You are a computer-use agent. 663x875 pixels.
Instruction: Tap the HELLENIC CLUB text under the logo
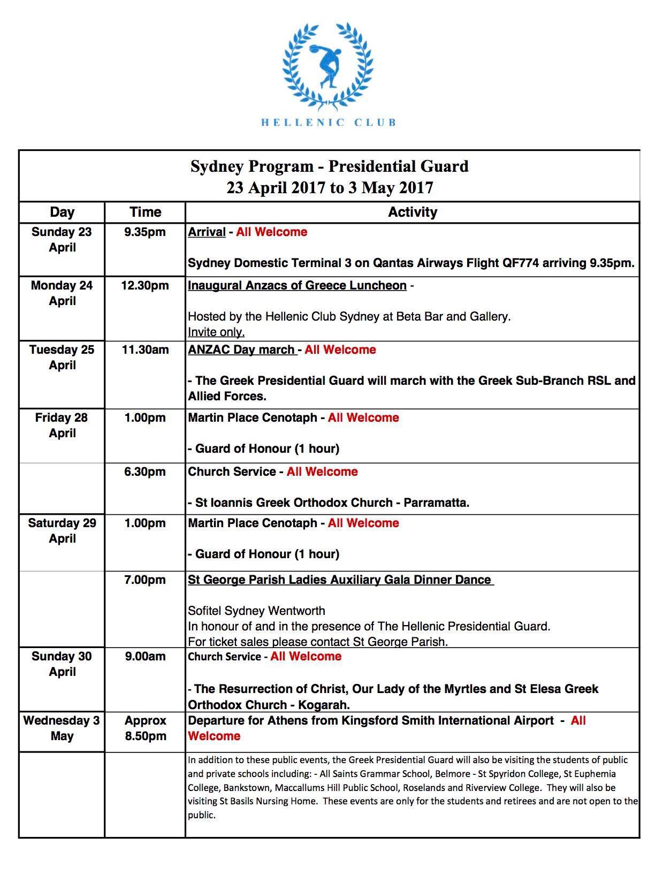point(329,122)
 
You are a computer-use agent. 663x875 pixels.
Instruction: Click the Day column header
point(62,212)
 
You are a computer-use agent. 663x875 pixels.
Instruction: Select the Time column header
point(145,212)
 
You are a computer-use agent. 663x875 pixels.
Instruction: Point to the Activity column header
point(412,212)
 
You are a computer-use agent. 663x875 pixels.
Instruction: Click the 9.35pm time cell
point(145,232)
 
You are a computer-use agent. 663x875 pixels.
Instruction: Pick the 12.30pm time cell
point(145,286)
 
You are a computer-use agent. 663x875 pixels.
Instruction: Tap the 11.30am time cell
point(145,350)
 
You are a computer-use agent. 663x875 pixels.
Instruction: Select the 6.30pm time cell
point(145,472)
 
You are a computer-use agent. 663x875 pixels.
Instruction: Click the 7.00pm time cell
point(145,580)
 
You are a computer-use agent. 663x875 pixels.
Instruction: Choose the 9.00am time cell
point(145,657)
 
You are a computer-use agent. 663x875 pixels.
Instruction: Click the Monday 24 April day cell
point(62,293)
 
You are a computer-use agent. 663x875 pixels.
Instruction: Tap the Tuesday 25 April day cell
point(62,357)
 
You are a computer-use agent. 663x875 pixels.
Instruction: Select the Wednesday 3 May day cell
point(62,728)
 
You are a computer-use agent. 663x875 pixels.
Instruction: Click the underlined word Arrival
point(207,232)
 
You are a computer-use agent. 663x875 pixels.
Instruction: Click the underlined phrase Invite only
point(216,332)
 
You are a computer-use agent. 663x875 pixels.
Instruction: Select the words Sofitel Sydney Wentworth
point(256,611)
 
